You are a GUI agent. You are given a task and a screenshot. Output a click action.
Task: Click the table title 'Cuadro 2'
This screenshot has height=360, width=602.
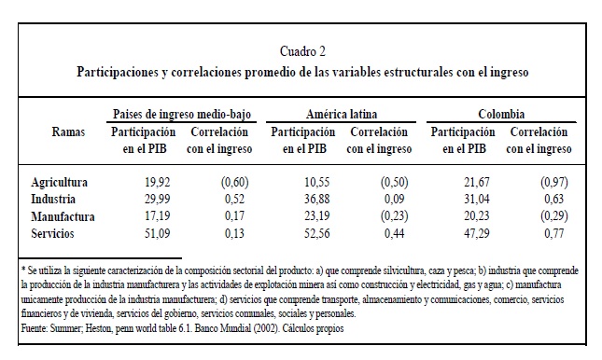tap(302, 51)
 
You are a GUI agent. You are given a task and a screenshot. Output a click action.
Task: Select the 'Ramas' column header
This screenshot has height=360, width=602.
tap(68, 132)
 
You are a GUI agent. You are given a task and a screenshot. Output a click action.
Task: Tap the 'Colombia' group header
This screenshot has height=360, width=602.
tap(501, 114)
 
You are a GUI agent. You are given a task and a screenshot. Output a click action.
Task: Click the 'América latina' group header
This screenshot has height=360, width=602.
tap(342, 114)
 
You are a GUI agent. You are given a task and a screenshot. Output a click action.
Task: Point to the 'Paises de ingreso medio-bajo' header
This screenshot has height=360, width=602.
tap(182, 114)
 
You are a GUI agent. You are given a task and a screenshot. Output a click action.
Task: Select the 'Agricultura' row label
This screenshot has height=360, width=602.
tap(59, 182)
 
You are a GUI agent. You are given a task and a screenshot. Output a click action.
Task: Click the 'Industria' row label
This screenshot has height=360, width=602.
tap(53, 199)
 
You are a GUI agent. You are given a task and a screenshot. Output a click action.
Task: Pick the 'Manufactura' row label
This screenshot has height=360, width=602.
tap(63, 216)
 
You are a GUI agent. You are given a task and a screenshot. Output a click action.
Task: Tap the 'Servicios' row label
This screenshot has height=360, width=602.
tap(52, 233)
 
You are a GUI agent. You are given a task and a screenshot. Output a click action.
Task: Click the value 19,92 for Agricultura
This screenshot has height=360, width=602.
tap(157, 182)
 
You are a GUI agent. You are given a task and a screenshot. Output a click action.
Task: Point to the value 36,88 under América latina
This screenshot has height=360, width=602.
tap(316, 199)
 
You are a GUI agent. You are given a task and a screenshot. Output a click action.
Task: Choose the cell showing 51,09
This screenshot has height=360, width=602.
tap(157, 233)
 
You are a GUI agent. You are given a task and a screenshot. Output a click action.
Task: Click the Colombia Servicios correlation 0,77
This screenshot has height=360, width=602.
tap(553, 233)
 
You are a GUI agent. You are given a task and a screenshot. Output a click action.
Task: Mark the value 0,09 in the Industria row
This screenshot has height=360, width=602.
tap(394, 199)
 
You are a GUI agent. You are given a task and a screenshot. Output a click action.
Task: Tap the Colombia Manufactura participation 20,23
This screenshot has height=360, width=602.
tap(476, 216)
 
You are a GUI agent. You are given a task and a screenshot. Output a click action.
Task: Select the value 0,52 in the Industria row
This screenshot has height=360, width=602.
tap(234, 199)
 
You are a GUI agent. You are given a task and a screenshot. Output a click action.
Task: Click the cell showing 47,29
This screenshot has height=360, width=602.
tap(476, 233)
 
